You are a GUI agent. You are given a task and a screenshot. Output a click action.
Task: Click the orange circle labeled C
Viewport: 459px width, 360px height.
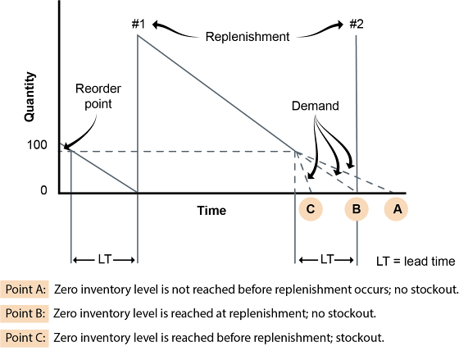[x=311, y=209]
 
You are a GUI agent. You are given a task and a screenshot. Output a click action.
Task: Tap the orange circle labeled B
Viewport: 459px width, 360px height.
[x=357, y=209]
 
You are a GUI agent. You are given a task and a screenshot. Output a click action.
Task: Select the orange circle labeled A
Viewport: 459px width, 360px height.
[x=396, y=209]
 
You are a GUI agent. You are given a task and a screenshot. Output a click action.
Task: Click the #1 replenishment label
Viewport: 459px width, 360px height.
[x=139, y=24]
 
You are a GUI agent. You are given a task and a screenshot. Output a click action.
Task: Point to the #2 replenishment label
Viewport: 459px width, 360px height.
[x=357, y=24]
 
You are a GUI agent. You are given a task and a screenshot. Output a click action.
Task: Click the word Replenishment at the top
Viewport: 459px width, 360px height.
[x=248, y=37]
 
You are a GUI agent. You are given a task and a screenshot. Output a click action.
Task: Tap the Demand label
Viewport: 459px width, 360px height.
[x=316, y=106]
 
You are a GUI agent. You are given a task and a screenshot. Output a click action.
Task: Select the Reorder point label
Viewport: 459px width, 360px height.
[x=98, y=96]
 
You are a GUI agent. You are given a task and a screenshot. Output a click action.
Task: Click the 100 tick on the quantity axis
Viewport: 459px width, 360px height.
[x=37, y=144]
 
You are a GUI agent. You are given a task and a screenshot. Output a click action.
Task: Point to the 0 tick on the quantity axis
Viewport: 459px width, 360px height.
[x=43, y=190]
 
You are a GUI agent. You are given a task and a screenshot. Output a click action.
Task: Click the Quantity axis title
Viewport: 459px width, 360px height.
[x=30, y=97]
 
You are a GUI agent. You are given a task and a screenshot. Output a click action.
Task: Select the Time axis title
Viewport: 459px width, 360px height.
[x=211, y=211]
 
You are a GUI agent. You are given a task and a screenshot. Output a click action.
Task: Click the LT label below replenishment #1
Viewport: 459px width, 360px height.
[x=105, y=259]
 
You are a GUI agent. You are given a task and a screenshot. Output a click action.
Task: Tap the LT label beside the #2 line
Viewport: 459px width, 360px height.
[x=327, y=259]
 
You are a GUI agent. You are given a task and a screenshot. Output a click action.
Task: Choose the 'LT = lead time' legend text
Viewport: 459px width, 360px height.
[x=416, y=262]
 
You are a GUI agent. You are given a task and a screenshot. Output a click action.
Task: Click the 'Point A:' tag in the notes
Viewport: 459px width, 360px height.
[x=25, y=289]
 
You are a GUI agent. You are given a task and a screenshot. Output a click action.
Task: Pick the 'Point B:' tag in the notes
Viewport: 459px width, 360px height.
[x=25, y=313]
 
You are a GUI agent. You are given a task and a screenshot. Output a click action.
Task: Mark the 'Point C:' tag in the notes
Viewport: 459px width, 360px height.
[x=25, y=338]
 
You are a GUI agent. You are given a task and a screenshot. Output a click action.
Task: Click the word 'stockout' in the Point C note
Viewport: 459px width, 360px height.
[x=359, y=338]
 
